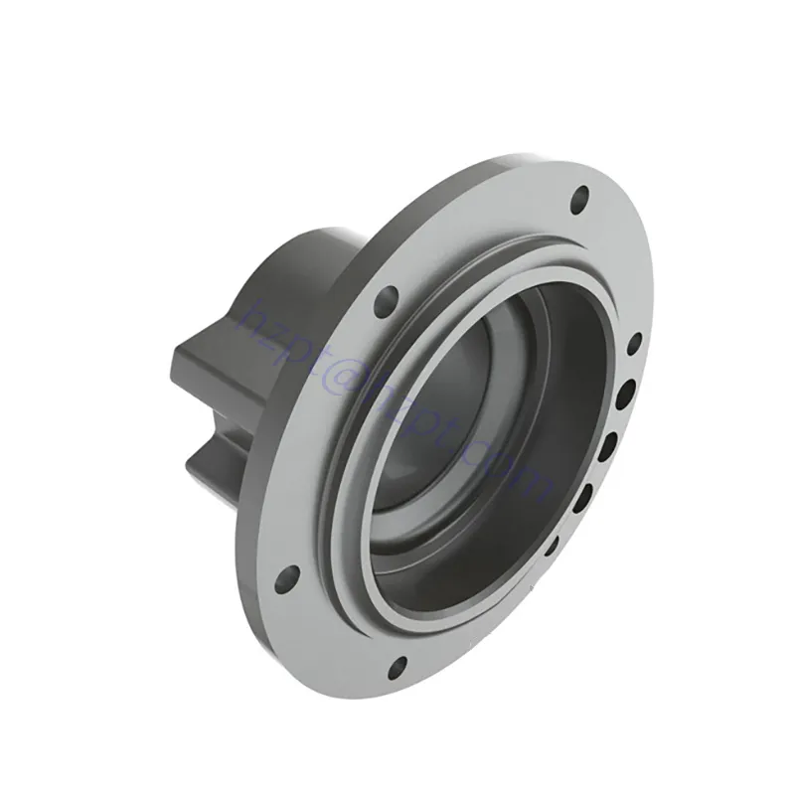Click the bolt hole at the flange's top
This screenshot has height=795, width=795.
pyautogui.click(x=579, y=205)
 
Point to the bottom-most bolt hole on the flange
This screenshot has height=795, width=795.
pyautogui.click(x=397, y=666)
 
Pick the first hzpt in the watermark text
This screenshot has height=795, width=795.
pyautogui.click(x=283, y=328)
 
